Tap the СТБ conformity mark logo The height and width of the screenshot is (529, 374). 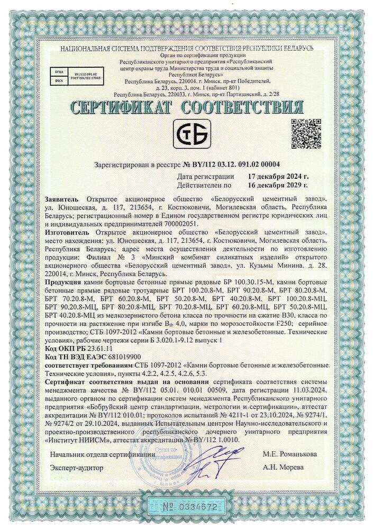193,133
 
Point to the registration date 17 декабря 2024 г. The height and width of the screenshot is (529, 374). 278,176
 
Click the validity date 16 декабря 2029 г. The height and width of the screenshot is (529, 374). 278,185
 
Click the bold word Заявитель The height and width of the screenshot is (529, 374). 63,197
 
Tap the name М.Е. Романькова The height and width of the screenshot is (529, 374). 290,454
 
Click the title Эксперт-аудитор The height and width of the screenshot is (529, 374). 77,468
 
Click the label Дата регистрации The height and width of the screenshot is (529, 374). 206,176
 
